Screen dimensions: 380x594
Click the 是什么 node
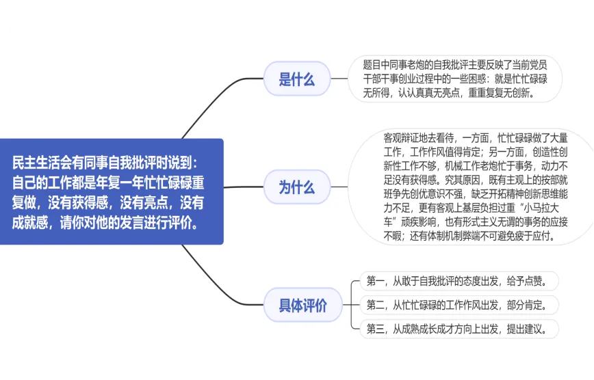coord(296,79)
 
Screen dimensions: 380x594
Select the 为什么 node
coord(296,187)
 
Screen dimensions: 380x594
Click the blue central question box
coord(112,191)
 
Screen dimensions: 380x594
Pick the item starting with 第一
coord(461,280)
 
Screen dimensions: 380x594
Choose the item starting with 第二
coord(461,305)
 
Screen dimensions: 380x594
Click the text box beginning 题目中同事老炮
coord(454,79)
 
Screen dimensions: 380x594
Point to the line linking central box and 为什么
coord(243,187)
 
